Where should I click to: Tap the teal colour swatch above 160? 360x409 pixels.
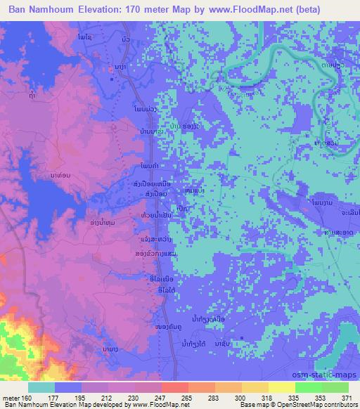(x=41, y=387)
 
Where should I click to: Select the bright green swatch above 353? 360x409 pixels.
(x=309, y=387)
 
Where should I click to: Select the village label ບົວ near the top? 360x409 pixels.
(x=126, y=39)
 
